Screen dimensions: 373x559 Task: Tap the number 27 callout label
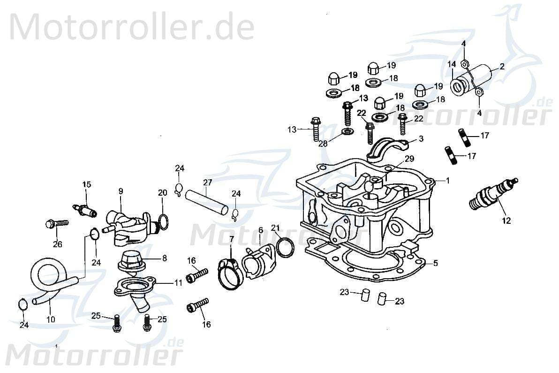[x=207, y=183]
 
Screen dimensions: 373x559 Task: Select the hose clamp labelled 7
[x=230, y=274]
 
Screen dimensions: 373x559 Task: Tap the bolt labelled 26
[x=56, y=223]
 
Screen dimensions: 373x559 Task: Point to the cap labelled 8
[x=131, y=261]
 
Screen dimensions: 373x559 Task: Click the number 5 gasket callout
[x=435, y=264]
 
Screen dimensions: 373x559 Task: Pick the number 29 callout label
[x=409, y=159]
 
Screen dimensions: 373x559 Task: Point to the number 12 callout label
[x=506, y=221]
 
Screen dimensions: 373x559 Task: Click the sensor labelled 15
[x=84, y=209]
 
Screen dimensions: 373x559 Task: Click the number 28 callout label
[x=323, y=143]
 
